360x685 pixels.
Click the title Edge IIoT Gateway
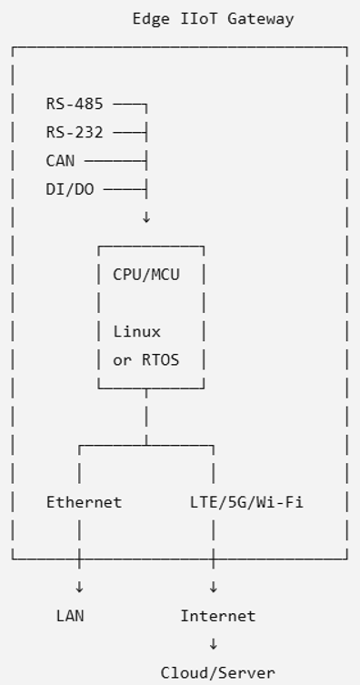click(213, 19)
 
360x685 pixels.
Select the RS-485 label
click(75, 104)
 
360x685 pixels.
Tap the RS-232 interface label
click(75, 133)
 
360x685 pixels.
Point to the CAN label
click(60, 161)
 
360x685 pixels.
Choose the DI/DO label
click(70, 189)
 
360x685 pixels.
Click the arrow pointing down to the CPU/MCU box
click(146, 217)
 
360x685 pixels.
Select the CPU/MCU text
click(146, 275)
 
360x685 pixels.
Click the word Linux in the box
click(137, 331)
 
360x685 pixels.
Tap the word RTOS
click(161, 360)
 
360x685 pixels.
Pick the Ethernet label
click(85, 502)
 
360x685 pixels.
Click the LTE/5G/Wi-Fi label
click(246, 502)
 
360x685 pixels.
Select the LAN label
click(70, 616)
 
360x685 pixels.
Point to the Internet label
click(218, 616)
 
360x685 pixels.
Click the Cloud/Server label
click(218, 673)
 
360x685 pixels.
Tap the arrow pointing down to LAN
click(79, 588)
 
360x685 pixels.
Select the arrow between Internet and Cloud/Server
click(214, 644)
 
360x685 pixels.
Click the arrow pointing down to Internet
click(214, 588)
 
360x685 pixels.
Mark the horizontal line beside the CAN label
click(115, 161)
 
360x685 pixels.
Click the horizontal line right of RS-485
click(130, 105)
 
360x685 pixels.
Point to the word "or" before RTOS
click(123, 361)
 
